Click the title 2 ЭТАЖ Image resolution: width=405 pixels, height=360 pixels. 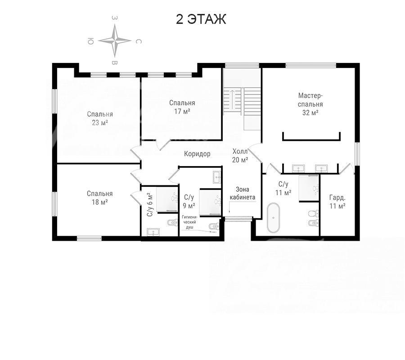(201, 19)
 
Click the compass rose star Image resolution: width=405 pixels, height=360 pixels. (115, 40)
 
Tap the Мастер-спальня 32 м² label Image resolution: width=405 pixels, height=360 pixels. (310, 104)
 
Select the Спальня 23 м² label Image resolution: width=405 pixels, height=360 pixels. (100, 118)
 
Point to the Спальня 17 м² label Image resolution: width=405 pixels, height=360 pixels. (182, 107)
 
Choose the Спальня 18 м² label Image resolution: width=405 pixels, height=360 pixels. (100, 198)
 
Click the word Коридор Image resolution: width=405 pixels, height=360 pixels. (197, 154)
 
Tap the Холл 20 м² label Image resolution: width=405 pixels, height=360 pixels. (240, 155)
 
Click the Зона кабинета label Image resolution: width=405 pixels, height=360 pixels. (243, 193)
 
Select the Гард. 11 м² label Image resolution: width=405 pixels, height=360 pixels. (337, 202)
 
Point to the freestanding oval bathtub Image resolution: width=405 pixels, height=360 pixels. (274, 218)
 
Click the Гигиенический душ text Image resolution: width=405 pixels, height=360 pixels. (189, 222)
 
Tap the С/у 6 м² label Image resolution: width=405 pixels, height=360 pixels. (150, 205)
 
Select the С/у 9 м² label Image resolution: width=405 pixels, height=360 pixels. (189, 202)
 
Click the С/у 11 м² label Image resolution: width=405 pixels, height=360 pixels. (283, 188)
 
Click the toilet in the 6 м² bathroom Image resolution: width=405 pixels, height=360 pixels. (171, 222)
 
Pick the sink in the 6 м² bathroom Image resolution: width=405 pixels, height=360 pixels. (153, 232)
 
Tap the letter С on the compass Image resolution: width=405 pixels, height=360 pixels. (139, 41)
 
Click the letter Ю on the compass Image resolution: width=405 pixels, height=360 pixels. (90, 41)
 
